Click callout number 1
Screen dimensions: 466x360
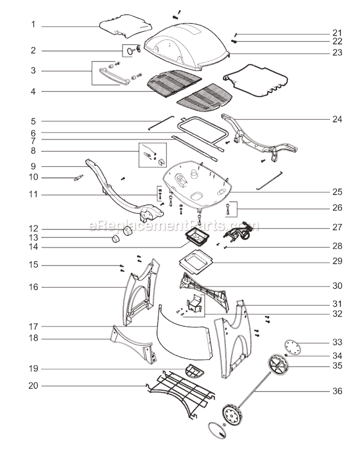[33, 25]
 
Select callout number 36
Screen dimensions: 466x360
[337, 391]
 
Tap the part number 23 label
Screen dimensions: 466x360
[337, 53]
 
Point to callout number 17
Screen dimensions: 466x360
[33, 327]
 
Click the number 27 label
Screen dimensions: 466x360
[337, 228]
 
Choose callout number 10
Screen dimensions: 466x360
[33, 177]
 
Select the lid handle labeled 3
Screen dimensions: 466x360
[114, 77]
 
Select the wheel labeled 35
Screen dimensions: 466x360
[279, 368]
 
